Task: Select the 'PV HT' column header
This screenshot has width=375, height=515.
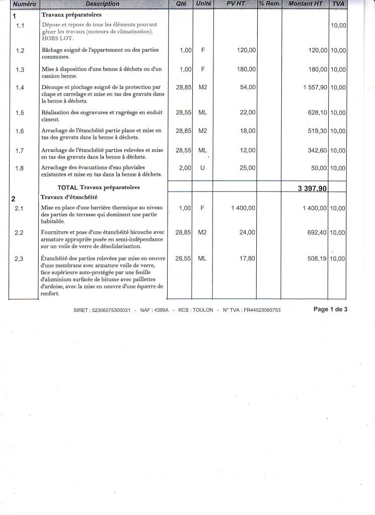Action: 235,4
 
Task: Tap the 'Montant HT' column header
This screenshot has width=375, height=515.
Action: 306,4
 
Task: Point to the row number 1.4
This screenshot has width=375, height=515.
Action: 20,88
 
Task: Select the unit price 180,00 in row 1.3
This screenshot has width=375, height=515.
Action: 246,69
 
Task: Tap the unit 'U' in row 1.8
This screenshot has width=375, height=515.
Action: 202,168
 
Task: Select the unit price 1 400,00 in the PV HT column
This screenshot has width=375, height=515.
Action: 243,208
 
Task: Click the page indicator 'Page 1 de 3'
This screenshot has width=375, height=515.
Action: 330,309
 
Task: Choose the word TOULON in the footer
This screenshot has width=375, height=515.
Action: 203,310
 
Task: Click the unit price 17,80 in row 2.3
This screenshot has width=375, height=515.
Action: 247,258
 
